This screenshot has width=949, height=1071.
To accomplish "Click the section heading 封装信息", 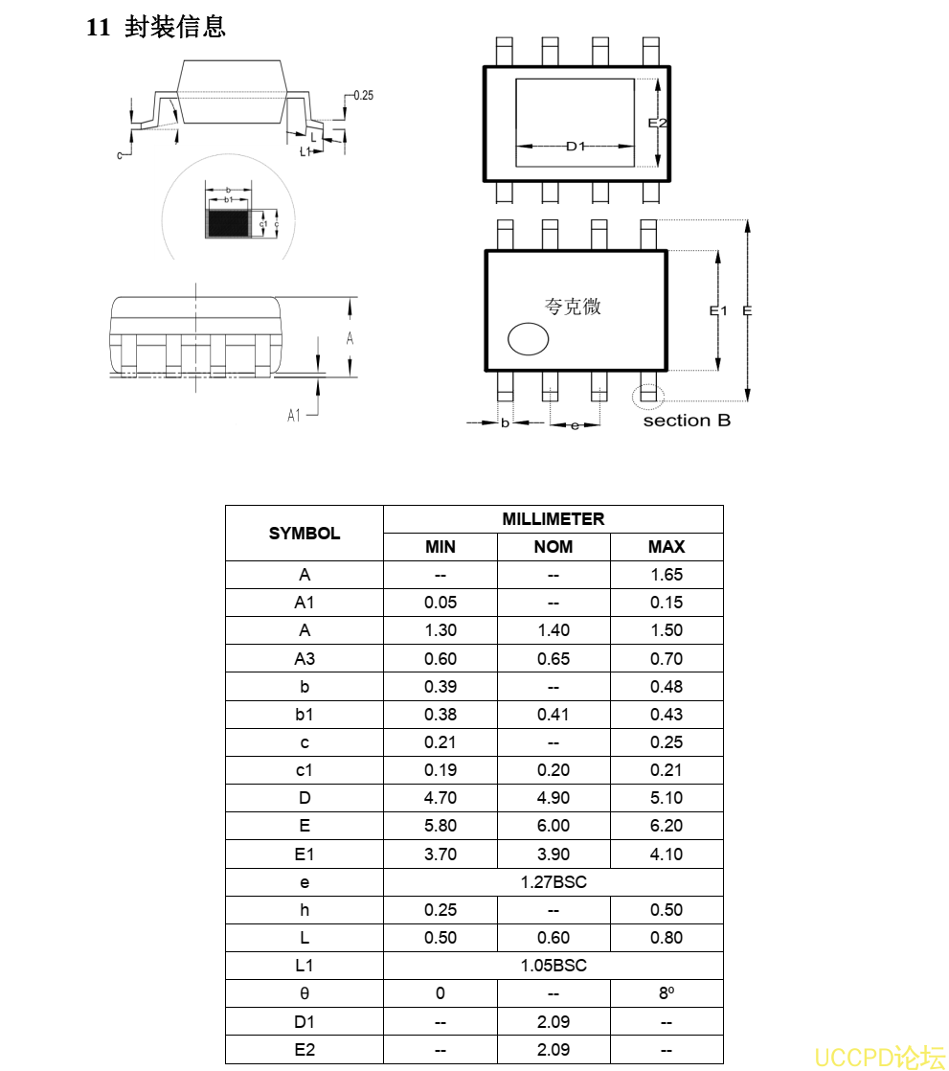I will click(174, 27).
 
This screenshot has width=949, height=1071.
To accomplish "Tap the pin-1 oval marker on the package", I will click(528, 338).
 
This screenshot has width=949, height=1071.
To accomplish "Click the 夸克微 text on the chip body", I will click(573, 307).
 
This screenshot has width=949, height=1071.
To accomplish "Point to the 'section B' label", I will click(687, 421).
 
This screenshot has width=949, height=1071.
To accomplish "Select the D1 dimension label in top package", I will click(575, 146).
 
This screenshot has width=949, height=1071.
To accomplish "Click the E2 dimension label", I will click(657, 123).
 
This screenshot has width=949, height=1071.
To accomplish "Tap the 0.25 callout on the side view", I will click(364, 96).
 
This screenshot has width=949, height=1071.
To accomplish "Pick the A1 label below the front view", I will click(295, 415).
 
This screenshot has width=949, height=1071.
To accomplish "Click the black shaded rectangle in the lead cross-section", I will click(229, 224).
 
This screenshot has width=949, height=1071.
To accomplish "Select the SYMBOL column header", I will click(305, 534).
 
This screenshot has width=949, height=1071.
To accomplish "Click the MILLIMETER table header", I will click(553, 519).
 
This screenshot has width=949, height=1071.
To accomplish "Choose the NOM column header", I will click(553, 547).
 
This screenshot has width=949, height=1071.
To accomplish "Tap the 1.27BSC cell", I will click(553, 882).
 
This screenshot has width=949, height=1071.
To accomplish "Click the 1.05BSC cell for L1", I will click(553, 966).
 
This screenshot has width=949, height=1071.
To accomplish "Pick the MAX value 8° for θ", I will click(667, 993).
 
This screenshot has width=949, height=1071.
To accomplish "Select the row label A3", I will click(305, 659).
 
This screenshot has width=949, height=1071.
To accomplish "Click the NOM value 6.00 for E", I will click(553, 826).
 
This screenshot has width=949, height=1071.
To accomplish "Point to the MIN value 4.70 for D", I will click(441, 798).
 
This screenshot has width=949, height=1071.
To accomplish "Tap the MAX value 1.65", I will click(667, 575).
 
